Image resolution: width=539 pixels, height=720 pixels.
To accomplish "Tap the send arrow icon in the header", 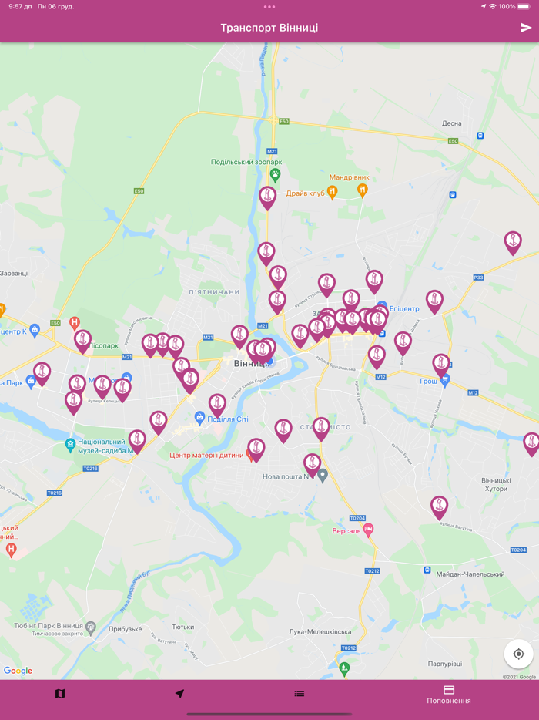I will coord(526,28).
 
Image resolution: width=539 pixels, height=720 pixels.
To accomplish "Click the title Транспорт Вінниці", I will coord(269,28).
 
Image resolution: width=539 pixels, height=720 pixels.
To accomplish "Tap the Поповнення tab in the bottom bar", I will coord(449,695).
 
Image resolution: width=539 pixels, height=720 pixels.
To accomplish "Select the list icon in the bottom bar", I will coord(300,694).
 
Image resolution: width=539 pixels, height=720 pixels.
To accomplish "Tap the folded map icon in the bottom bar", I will coord(60,694).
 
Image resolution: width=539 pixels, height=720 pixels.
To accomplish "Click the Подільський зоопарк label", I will coord(246,162).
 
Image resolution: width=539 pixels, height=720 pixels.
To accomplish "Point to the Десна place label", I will coord(451,123).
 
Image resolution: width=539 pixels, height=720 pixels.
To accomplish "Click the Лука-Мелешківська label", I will coord(320,631).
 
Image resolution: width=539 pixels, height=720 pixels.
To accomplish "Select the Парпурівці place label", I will coord(445,663).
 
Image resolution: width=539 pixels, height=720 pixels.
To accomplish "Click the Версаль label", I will coord(346,531).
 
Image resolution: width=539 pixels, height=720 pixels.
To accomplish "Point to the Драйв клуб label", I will coord(306,193).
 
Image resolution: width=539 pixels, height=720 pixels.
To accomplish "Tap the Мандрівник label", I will coord(350,177).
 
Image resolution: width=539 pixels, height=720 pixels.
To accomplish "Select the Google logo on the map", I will coord(18,671).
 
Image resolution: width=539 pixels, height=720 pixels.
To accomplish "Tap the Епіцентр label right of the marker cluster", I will coord(404,309).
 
